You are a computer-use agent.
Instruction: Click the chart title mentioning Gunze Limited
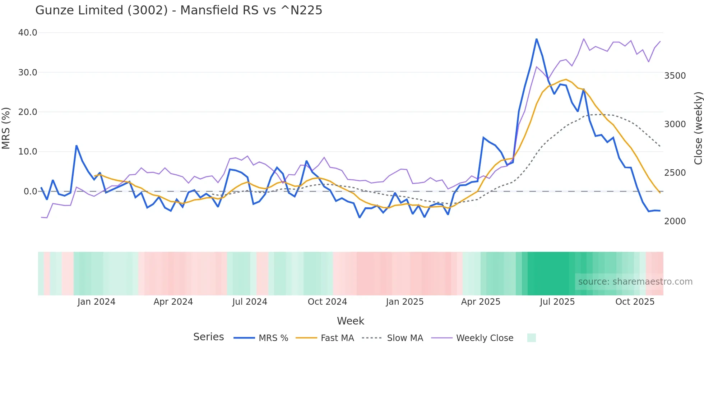click(179, 10)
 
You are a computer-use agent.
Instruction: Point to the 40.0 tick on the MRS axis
click(28, 33)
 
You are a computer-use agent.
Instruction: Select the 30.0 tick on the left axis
click(28, 72)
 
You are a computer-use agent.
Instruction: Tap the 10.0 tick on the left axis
click(28, 152)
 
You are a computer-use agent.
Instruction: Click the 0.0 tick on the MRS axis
click(30, 192)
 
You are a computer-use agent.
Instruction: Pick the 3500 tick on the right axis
click(675, 76)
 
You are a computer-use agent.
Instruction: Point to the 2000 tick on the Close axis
click(675, 221)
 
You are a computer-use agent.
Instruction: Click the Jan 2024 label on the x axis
click(96, 302)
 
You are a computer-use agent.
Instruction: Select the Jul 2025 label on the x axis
click(557, 302)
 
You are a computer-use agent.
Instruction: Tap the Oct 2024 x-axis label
click(327, 302)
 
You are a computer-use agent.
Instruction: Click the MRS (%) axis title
click(6, 128)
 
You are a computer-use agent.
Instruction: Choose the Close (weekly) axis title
click(698, 128)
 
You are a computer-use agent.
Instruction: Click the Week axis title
click(351, 321)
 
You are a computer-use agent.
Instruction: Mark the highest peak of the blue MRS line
click(537, 39)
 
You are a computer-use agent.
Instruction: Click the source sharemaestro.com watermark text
click(635, 282)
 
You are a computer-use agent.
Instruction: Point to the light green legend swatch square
click(532, 338)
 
